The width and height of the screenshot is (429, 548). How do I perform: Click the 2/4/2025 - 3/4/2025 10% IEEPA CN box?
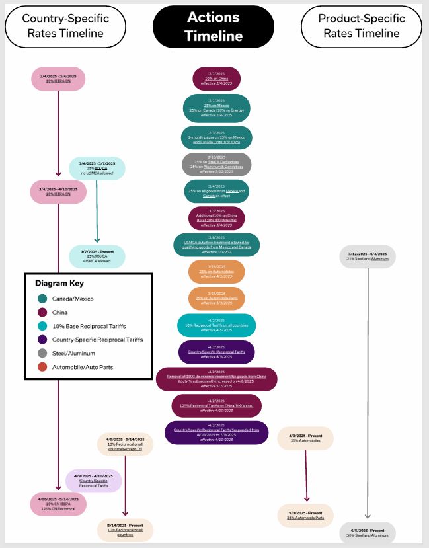point(59,78)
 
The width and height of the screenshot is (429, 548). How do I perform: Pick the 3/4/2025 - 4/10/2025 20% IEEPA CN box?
point(59,192)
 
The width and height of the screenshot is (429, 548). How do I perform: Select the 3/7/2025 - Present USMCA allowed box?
point(97,256)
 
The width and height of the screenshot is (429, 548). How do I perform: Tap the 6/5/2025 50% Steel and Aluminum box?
point(368,533)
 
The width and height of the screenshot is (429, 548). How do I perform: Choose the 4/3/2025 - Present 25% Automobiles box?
point(306,438)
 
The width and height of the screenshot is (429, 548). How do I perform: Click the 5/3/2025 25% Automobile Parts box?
point(305,515)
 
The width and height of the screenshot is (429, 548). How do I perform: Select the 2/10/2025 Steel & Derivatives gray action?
point(217,164)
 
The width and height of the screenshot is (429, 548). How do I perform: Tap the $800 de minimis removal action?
point(217,379)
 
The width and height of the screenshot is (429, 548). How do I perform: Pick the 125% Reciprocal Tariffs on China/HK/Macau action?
point(217,404)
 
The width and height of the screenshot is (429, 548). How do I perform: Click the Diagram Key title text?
point(59,283)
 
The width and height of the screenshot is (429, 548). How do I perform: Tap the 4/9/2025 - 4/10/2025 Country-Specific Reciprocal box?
point(93,481)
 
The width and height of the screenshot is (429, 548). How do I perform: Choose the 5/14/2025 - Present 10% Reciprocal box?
point(125,529)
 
